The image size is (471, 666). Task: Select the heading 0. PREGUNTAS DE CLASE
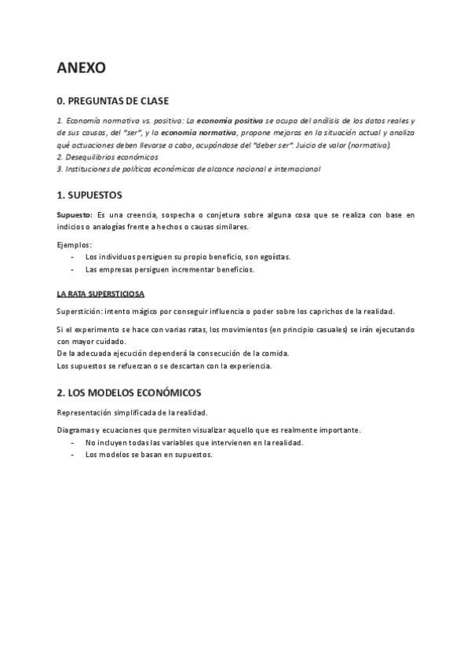112,101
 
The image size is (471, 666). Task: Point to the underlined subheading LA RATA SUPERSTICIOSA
100,294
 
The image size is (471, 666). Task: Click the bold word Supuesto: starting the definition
75,214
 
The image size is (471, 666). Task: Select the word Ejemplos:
75,244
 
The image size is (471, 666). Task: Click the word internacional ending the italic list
294,169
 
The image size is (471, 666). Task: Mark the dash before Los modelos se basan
72,455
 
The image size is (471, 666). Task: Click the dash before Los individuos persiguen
72,257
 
